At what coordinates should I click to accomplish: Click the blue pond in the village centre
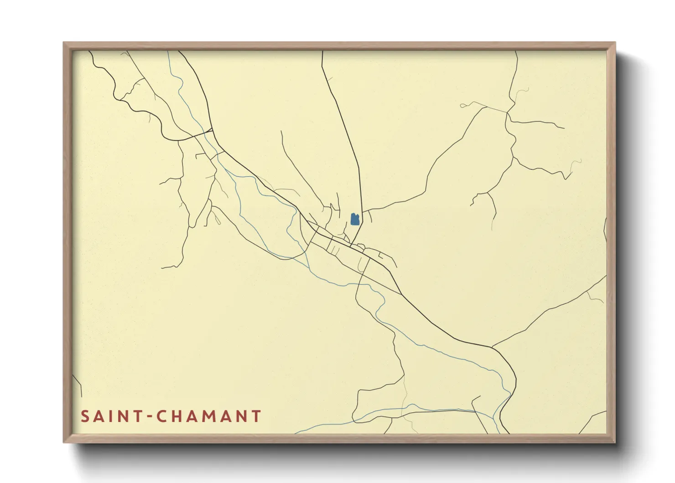click(x=355, y=219)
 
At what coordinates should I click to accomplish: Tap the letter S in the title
click(x=85, y=416)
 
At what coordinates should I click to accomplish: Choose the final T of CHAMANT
click(x=256, y=416)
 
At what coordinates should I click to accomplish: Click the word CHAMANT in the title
click(x=209, y=416)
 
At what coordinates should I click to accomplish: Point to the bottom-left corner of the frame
click(x=64, y=441)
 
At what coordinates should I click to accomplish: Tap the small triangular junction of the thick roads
click(x=209, y=131)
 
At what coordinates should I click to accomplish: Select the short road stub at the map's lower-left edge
click(x=78, y=386)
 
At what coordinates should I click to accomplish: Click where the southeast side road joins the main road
click(x=492, y=347)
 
